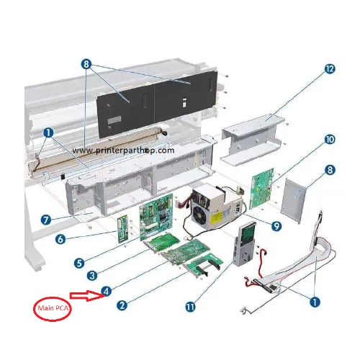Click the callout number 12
[330, 69]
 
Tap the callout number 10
[330, 139]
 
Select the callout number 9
[276, 226]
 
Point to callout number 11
[190, 307]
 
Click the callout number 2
[122, 305]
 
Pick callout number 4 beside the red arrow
[107, 291]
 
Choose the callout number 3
[92, 275]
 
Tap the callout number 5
[79, 263]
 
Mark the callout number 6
[60, 239]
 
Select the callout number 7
[46, 220]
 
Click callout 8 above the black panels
[86, 64]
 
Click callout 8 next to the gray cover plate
[330, 170]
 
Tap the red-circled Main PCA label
[53, 308]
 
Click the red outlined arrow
[86, 296]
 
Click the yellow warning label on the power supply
[217, 217]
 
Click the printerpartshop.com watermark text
[123, 150]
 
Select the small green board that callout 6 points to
[123, 229]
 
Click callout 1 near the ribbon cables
[315, 302]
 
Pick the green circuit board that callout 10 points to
[262, 189]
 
